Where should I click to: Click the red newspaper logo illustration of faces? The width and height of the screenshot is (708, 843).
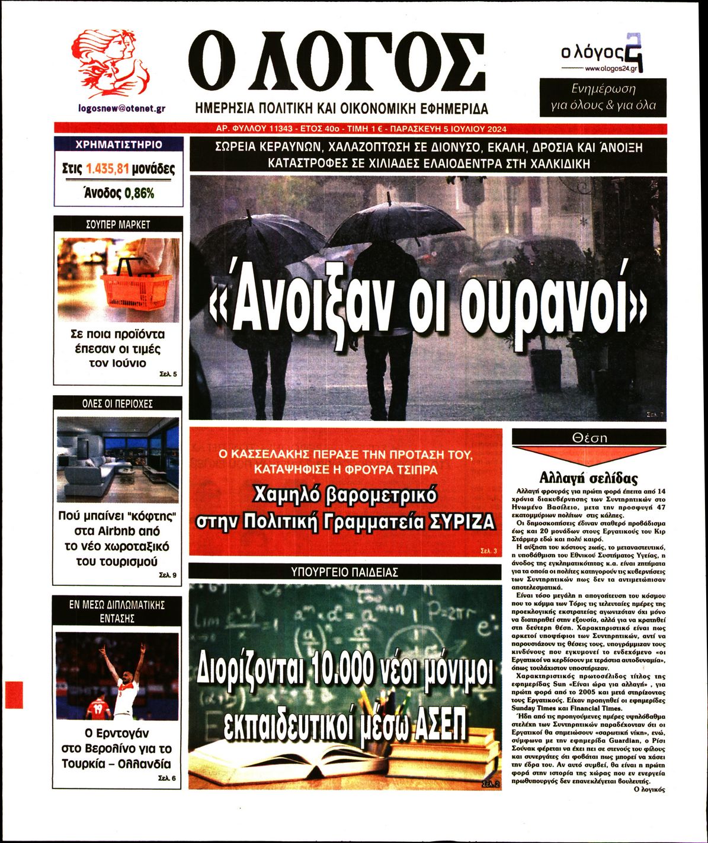(x=111, y=64)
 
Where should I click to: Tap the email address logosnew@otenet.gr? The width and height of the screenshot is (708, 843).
(x=121, y=108)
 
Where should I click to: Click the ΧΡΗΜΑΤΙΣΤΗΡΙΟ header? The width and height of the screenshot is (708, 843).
(x=118, y=145)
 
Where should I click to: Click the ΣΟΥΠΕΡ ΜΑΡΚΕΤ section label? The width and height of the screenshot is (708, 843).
(x=118, y=225)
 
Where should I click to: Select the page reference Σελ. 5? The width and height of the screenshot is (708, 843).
(x=168, y=374)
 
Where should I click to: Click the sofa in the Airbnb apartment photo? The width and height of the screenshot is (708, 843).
(x=95, y=474)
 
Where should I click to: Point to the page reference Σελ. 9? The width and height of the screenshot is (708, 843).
(x=168, y=575)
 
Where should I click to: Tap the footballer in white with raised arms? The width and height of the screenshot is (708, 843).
(x=124, y=681)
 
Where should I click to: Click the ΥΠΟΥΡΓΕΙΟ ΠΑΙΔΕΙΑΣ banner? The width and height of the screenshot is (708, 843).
(x=345, y=572)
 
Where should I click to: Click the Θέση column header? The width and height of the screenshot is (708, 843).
(x=589, y=438)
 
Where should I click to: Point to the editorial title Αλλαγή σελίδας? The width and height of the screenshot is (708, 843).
(x=588, y=478)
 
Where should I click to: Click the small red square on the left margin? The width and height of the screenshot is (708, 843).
(x=14, y=694)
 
